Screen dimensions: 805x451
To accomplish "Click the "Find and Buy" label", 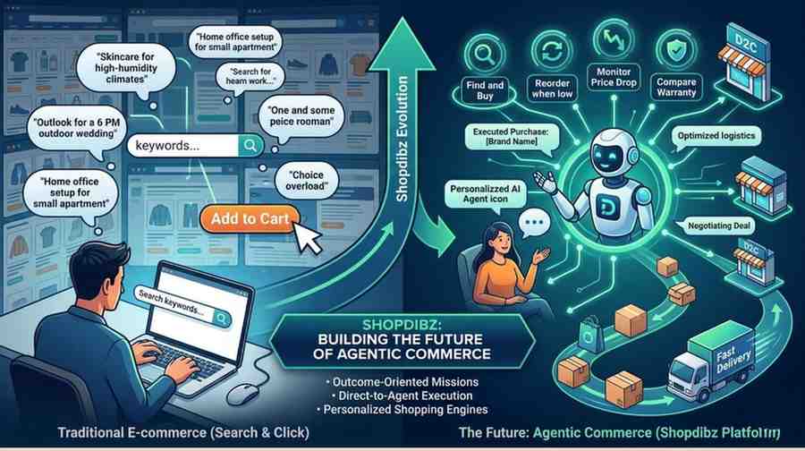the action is pyautogui.click(x=484, y=90).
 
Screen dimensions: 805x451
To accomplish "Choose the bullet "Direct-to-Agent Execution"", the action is pyautogui.click(x=402, y=393).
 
